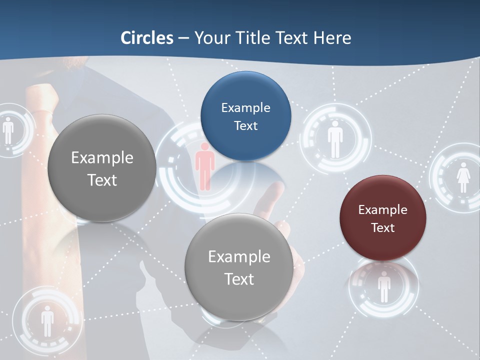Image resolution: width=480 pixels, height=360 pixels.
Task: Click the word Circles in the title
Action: [x=146, y=38]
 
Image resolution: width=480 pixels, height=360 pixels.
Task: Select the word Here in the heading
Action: [x=332, y=38]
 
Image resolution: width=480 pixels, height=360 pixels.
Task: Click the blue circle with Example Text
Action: [x=245, y=116]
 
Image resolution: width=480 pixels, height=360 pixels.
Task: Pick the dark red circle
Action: [x=382, y=218]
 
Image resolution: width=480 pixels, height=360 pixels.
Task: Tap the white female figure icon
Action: [x=463, y=177]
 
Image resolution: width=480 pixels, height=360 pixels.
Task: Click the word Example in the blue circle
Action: [x=245, y=107]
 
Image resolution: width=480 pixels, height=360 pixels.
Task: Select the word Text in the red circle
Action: [x=383, y=228]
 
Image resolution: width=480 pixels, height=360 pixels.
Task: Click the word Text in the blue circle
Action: [x=245, y=125]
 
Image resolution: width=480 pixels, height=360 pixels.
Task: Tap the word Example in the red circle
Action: [x=382, y=209]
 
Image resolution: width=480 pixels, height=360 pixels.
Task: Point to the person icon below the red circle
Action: [x=383, y=287]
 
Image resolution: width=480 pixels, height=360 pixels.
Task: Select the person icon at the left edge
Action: [x=8, y=130]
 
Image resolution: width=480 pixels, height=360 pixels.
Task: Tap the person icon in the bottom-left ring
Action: [x=47, y=320]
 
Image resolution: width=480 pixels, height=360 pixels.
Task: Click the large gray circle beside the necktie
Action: [x=102, y=168]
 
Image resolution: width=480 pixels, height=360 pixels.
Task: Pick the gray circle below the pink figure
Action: [x=239, y=267]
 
